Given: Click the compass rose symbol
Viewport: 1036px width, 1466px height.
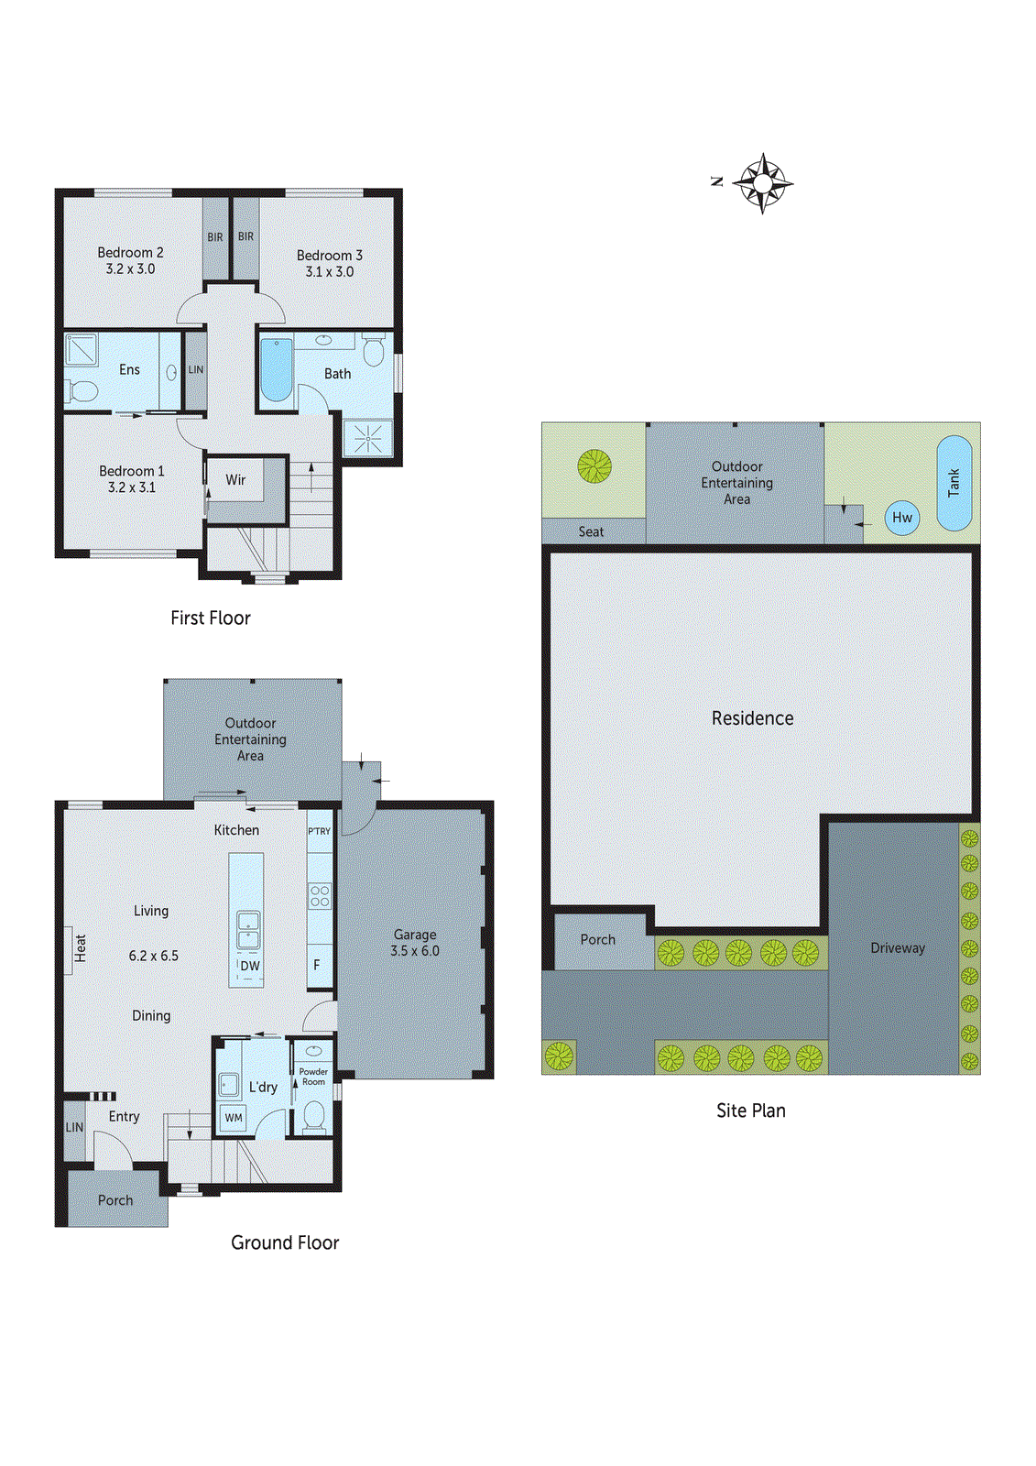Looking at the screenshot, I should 762,183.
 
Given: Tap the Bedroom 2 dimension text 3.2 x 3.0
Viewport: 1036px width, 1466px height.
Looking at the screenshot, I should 130,269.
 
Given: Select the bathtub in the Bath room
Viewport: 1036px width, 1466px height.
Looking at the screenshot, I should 276,370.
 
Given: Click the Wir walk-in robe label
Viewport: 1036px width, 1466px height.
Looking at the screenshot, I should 235,480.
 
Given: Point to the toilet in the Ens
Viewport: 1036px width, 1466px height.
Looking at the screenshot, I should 82,392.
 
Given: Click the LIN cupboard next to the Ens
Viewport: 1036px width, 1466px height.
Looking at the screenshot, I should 196,370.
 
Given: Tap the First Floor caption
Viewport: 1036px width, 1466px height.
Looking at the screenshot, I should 210,618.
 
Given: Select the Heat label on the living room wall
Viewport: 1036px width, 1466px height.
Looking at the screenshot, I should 80,948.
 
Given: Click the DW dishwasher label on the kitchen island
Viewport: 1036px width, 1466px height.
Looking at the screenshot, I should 250,966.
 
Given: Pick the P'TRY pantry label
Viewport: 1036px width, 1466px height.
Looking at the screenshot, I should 319,831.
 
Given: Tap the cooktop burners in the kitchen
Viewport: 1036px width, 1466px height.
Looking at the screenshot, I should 320,895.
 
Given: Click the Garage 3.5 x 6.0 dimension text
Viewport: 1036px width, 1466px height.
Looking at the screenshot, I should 415,951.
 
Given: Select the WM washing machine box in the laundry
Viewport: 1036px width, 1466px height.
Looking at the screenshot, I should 234,1117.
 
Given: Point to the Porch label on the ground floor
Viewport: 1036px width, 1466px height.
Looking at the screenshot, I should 115,1200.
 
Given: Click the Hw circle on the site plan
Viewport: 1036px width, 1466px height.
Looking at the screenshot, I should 902,518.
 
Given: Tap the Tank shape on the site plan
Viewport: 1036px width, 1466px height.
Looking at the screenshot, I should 954,483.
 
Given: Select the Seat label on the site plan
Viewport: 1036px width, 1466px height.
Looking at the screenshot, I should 591,531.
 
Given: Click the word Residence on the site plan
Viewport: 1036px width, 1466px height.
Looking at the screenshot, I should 752,718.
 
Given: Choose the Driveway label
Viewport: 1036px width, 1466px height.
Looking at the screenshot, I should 898,948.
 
